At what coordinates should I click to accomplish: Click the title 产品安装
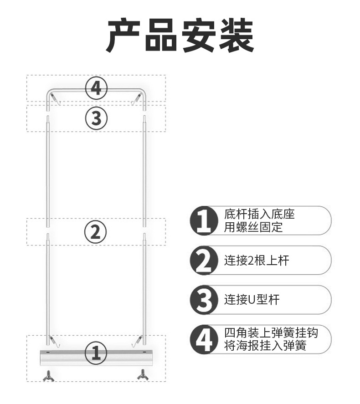(180, 36)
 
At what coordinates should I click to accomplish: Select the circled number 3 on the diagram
(96, 118)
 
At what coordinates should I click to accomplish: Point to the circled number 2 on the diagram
(96, 232)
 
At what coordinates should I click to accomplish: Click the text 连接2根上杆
(257, 261)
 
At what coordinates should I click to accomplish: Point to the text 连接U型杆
(252, 300)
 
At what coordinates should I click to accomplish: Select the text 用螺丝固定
(253, 227)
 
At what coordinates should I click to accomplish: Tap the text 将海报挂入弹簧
(265, 346)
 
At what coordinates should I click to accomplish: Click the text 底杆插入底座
(259, 214)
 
